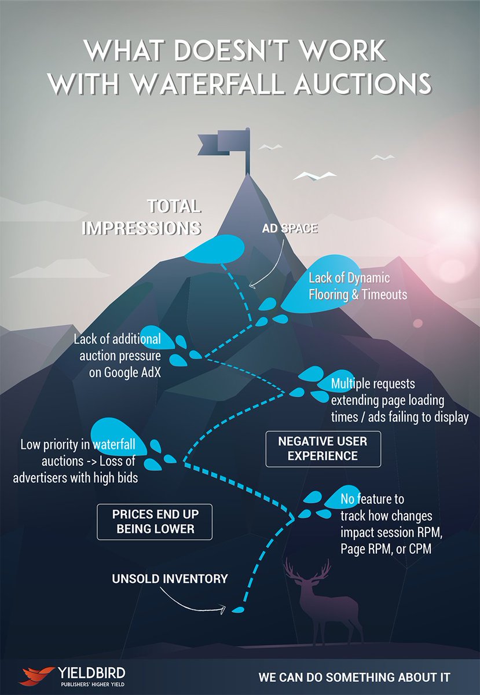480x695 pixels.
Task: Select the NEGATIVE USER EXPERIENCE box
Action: [323, 449]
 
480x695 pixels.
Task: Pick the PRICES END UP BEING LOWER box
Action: [155, 522]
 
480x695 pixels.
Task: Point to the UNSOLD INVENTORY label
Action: [170, 579]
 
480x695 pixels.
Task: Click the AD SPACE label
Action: [290, 229]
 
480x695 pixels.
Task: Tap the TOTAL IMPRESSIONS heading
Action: [142, 217]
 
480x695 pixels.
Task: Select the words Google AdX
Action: [125, 372]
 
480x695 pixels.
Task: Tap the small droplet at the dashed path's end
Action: [239, 609]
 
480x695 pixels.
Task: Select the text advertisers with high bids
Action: [75, 477]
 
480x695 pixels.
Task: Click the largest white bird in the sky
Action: [314, 176]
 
